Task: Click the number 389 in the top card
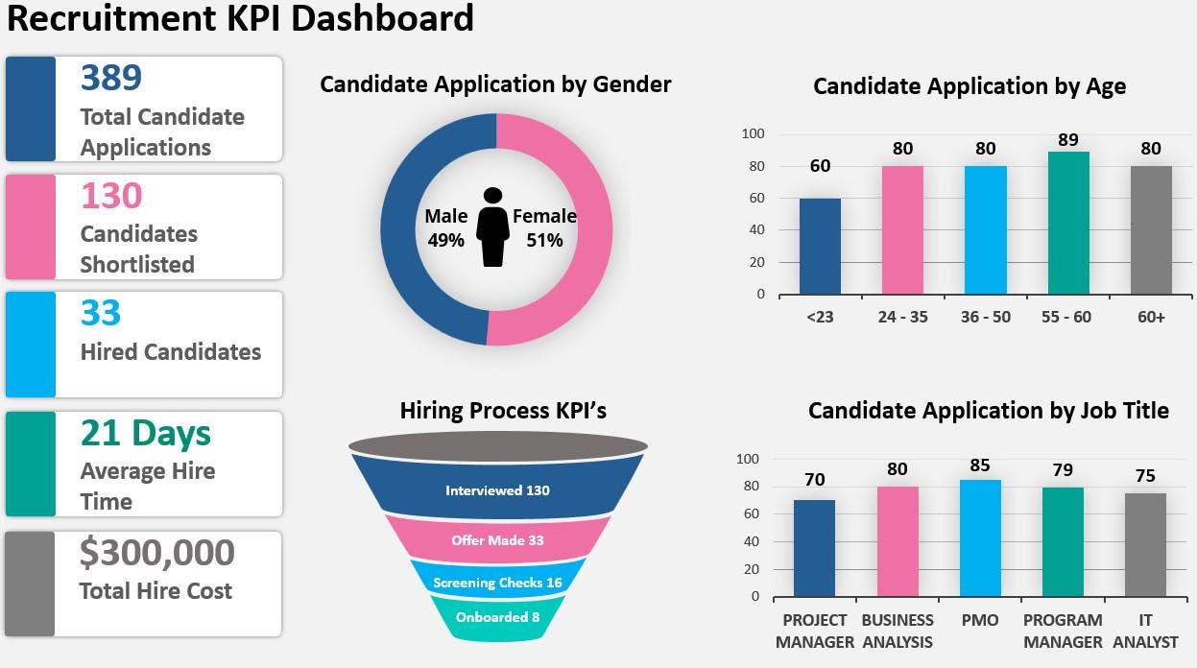[x=111, y=78]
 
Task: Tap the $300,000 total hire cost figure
[x=156, y=553]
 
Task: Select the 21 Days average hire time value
[x=145, y=433]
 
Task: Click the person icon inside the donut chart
[x=493, y=227]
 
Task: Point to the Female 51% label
[x=544, y=227]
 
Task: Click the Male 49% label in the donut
[x=446, y=227]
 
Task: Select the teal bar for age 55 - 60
[x=1068, y=224]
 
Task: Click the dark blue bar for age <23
[x=820, y=247]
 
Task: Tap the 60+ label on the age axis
[x=1151, y=317]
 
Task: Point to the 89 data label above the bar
[x=1068, y=140]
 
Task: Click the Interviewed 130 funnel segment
[x=497, y=490]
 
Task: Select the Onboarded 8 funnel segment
[x=497, y=617]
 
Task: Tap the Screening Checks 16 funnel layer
[x=497, y=583]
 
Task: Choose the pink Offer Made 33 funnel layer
[x=497, y=540]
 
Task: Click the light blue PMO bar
[x=980, y=538]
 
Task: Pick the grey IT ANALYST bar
[x=1145, y=545]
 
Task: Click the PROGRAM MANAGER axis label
[x=1063, y=631]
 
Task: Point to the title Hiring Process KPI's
[x=503, y=411]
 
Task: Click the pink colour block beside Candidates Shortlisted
[x=31, y=227]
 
